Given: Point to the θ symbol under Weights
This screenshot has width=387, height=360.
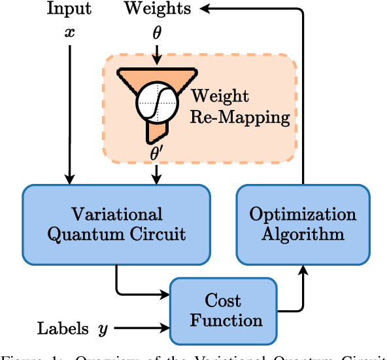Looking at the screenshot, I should [x=157, y=32].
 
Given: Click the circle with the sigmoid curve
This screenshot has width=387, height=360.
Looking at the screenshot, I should [x=157, y=100].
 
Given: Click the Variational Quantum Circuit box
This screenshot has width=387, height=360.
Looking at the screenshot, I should [x=116, y=224].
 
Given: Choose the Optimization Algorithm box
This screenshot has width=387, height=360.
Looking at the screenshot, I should [x=303, y=224].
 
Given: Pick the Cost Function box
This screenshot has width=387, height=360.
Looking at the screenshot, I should [x=224, y=311].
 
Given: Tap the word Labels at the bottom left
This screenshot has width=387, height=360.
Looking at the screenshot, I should [x=63, y=329].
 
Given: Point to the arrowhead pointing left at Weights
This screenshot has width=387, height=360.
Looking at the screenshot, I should [x=205, y=9].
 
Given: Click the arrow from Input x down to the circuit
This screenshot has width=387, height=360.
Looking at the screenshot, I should [x=69, y=111].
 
